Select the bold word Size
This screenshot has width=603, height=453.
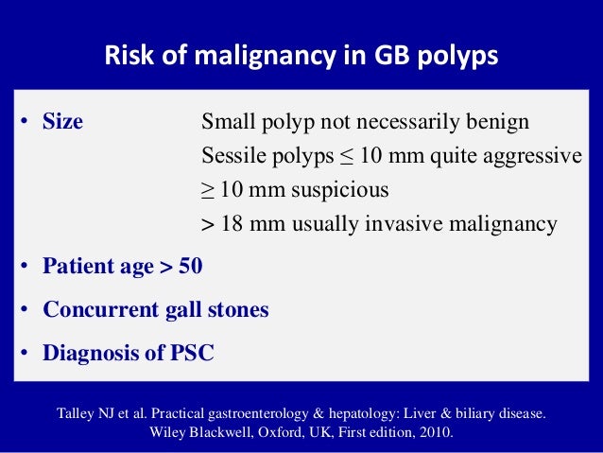pos(62,123)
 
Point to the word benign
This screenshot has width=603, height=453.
pos(500,123)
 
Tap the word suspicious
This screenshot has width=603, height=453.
pos(339,190)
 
